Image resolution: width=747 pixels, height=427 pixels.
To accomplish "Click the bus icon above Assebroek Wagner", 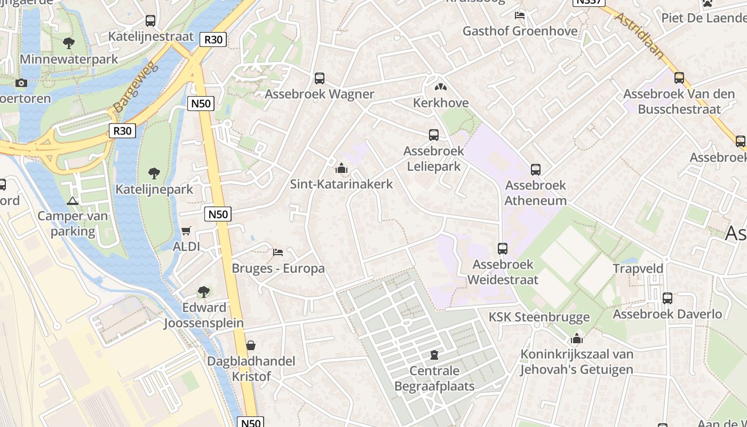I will (320, 78).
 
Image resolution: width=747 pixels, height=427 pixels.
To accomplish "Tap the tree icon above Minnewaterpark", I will (68, 43).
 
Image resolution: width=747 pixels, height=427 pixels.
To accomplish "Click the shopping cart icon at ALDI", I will (186, 231).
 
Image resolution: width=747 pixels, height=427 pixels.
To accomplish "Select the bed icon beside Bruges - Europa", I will (278, 252).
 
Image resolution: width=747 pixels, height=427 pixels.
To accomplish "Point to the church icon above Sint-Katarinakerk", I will (341, 169).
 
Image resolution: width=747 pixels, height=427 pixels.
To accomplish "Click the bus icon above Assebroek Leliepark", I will (434, 135).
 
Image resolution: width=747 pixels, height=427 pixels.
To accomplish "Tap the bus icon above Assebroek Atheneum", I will (536, 170).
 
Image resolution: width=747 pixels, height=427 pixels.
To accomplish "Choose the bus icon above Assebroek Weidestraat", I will (503, 249).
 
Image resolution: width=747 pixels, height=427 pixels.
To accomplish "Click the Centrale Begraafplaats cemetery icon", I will (434, 355).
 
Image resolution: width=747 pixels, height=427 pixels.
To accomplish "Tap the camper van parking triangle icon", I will (73, 201).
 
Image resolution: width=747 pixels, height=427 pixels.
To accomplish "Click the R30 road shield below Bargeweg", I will (122, 131).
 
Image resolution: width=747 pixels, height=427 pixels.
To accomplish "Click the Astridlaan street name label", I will (639, 35).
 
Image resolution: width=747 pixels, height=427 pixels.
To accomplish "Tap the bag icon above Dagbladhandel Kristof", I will (251, 345).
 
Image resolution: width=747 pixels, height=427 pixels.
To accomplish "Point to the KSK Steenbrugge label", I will (539, 317).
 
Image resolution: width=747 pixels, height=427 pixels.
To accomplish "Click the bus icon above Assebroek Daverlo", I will (667, 298).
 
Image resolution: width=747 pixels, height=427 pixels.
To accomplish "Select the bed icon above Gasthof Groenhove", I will (520, 15).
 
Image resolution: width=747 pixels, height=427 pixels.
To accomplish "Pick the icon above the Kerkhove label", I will (441, 86).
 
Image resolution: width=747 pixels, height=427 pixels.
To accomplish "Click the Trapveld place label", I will (638, 268).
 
